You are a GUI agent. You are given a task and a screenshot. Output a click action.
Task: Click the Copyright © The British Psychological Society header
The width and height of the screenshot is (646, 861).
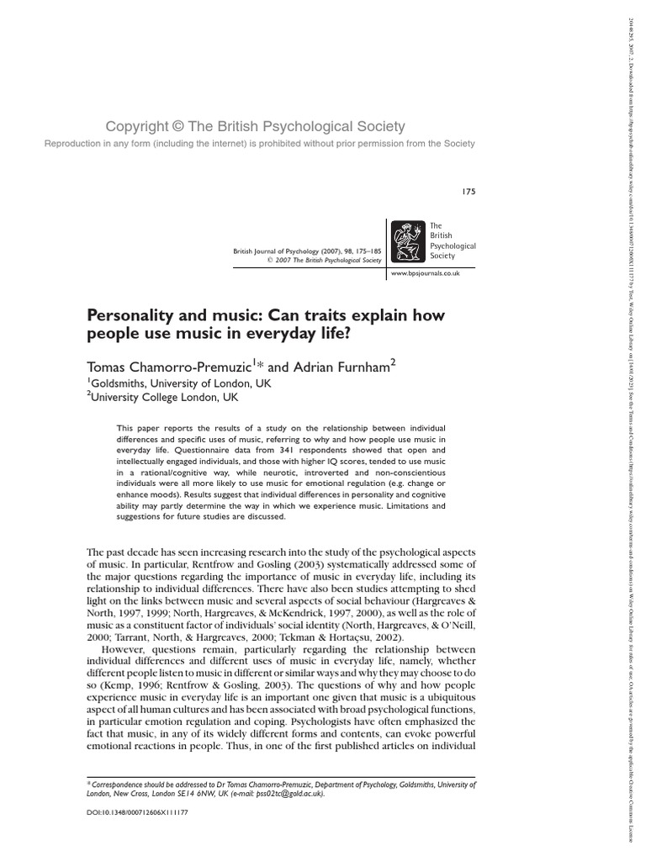click(x=255, y=127)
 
